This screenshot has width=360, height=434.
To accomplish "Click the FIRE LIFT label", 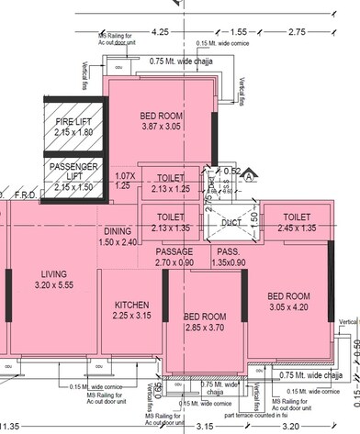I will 73,121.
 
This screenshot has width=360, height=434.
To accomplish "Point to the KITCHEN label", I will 131,305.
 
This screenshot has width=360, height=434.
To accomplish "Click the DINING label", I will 117,231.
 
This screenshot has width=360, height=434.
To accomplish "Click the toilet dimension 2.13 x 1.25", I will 170,189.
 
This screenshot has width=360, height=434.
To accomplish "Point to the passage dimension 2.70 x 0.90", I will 174,262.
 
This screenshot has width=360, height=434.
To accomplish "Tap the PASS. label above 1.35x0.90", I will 228,251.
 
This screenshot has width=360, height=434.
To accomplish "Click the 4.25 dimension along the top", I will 162,31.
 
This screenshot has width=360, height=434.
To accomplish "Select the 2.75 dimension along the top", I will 297,31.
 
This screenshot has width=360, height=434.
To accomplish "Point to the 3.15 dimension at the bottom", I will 205,426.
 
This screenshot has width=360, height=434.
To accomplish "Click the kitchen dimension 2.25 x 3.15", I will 131,316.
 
